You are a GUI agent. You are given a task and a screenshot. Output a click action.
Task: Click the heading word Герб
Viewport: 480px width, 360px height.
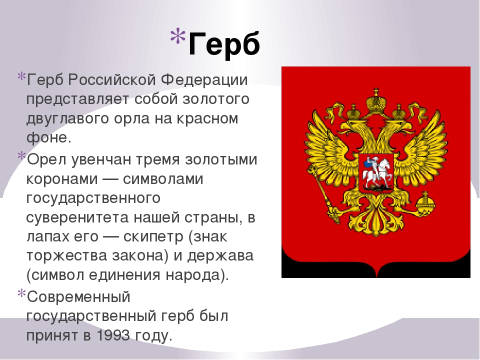[x=224, y=44]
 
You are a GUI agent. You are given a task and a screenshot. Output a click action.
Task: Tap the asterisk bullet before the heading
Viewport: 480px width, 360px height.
[x=178, y=36]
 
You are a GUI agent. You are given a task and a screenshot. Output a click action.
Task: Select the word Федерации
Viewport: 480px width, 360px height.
[x=204, y=80]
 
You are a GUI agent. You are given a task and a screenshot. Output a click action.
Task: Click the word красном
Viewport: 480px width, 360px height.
[x=207, y=119]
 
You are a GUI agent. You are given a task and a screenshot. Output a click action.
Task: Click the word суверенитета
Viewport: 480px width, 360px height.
[x=77, y=217]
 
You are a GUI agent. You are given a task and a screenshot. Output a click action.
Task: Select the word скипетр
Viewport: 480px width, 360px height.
[x=153, y=237]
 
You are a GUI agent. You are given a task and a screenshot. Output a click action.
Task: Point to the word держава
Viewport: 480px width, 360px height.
[x=220, y=256]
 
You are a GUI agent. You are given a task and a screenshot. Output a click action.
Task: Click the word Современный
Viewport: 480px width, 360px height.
[x=78, y=297]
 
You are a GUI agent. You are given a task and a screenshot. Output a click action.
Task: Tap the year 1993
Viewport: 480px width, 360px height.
[x=113, y=336]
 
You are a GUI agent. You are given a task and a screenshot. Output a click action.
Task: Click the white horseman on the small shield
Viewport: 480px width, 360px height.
[x=376, y=172]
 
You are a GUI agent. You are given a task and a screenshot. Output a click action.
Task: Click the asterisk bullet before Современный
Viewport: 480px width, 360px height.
[x=21, y=293]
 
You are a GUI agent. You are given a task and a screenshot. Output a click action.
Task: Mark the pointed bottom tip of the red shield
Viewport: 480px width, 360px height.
[x=376, y=277]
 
